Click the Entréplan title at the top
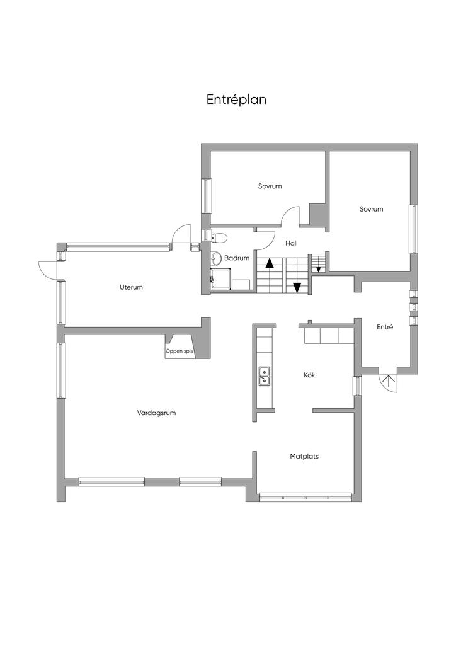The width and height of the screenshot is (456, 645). pyautogui.click(x=236, y=100)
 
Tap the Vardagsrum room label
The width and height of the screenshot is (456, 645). pyautogui.click(x=156, y=413)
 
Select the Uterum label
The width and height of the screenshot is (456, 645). pyautogui.click(x=131, y=287)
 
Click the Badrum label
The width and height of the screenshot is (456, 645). pyautogui.click(x=237, y=258)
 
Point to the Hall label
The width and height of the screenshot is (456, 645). pyautogui.click(x=292, y=244)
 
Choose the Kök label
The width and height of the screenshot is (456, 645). pyautogui.click(x=309, y=375)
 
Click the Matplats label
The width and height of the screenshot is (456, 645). pyautogui.click(x=304, y=456)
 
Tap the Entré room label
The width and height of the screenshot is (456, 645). pyautogui.click(x=385, y=327)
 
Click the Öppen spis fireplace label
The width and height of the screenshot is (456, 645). pyautogui.click(x=180, y=351)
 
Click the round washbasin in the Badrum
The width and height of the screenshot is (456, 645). pyautogui.click(x=215, y=258)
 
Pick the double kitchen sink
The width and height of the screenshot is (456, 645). pyautogui.click(x=263, y=376)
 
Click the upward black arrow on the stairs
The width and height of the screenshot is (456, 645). pyautogui.click(x=270, y=263)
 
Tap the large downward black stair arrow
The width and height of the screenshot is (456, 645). pyautogui.click(x=297, y=287)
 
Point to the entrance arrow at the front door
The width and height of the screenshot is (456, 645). pyautogui.click(x=387, y=381)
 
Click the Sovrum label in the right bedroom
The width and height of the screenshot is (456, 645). pyautogui.click(x=372, y=209)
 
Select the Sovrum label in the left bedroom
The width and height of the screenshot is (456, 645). pyautogui.click(x=270, y=186)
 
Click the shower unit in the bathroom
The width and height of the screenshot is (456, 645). pyautogui.click(x=220, y=280)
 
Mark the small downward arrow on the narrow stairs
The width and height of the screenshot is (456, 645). pyautogui.click(x=319, y=270)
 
